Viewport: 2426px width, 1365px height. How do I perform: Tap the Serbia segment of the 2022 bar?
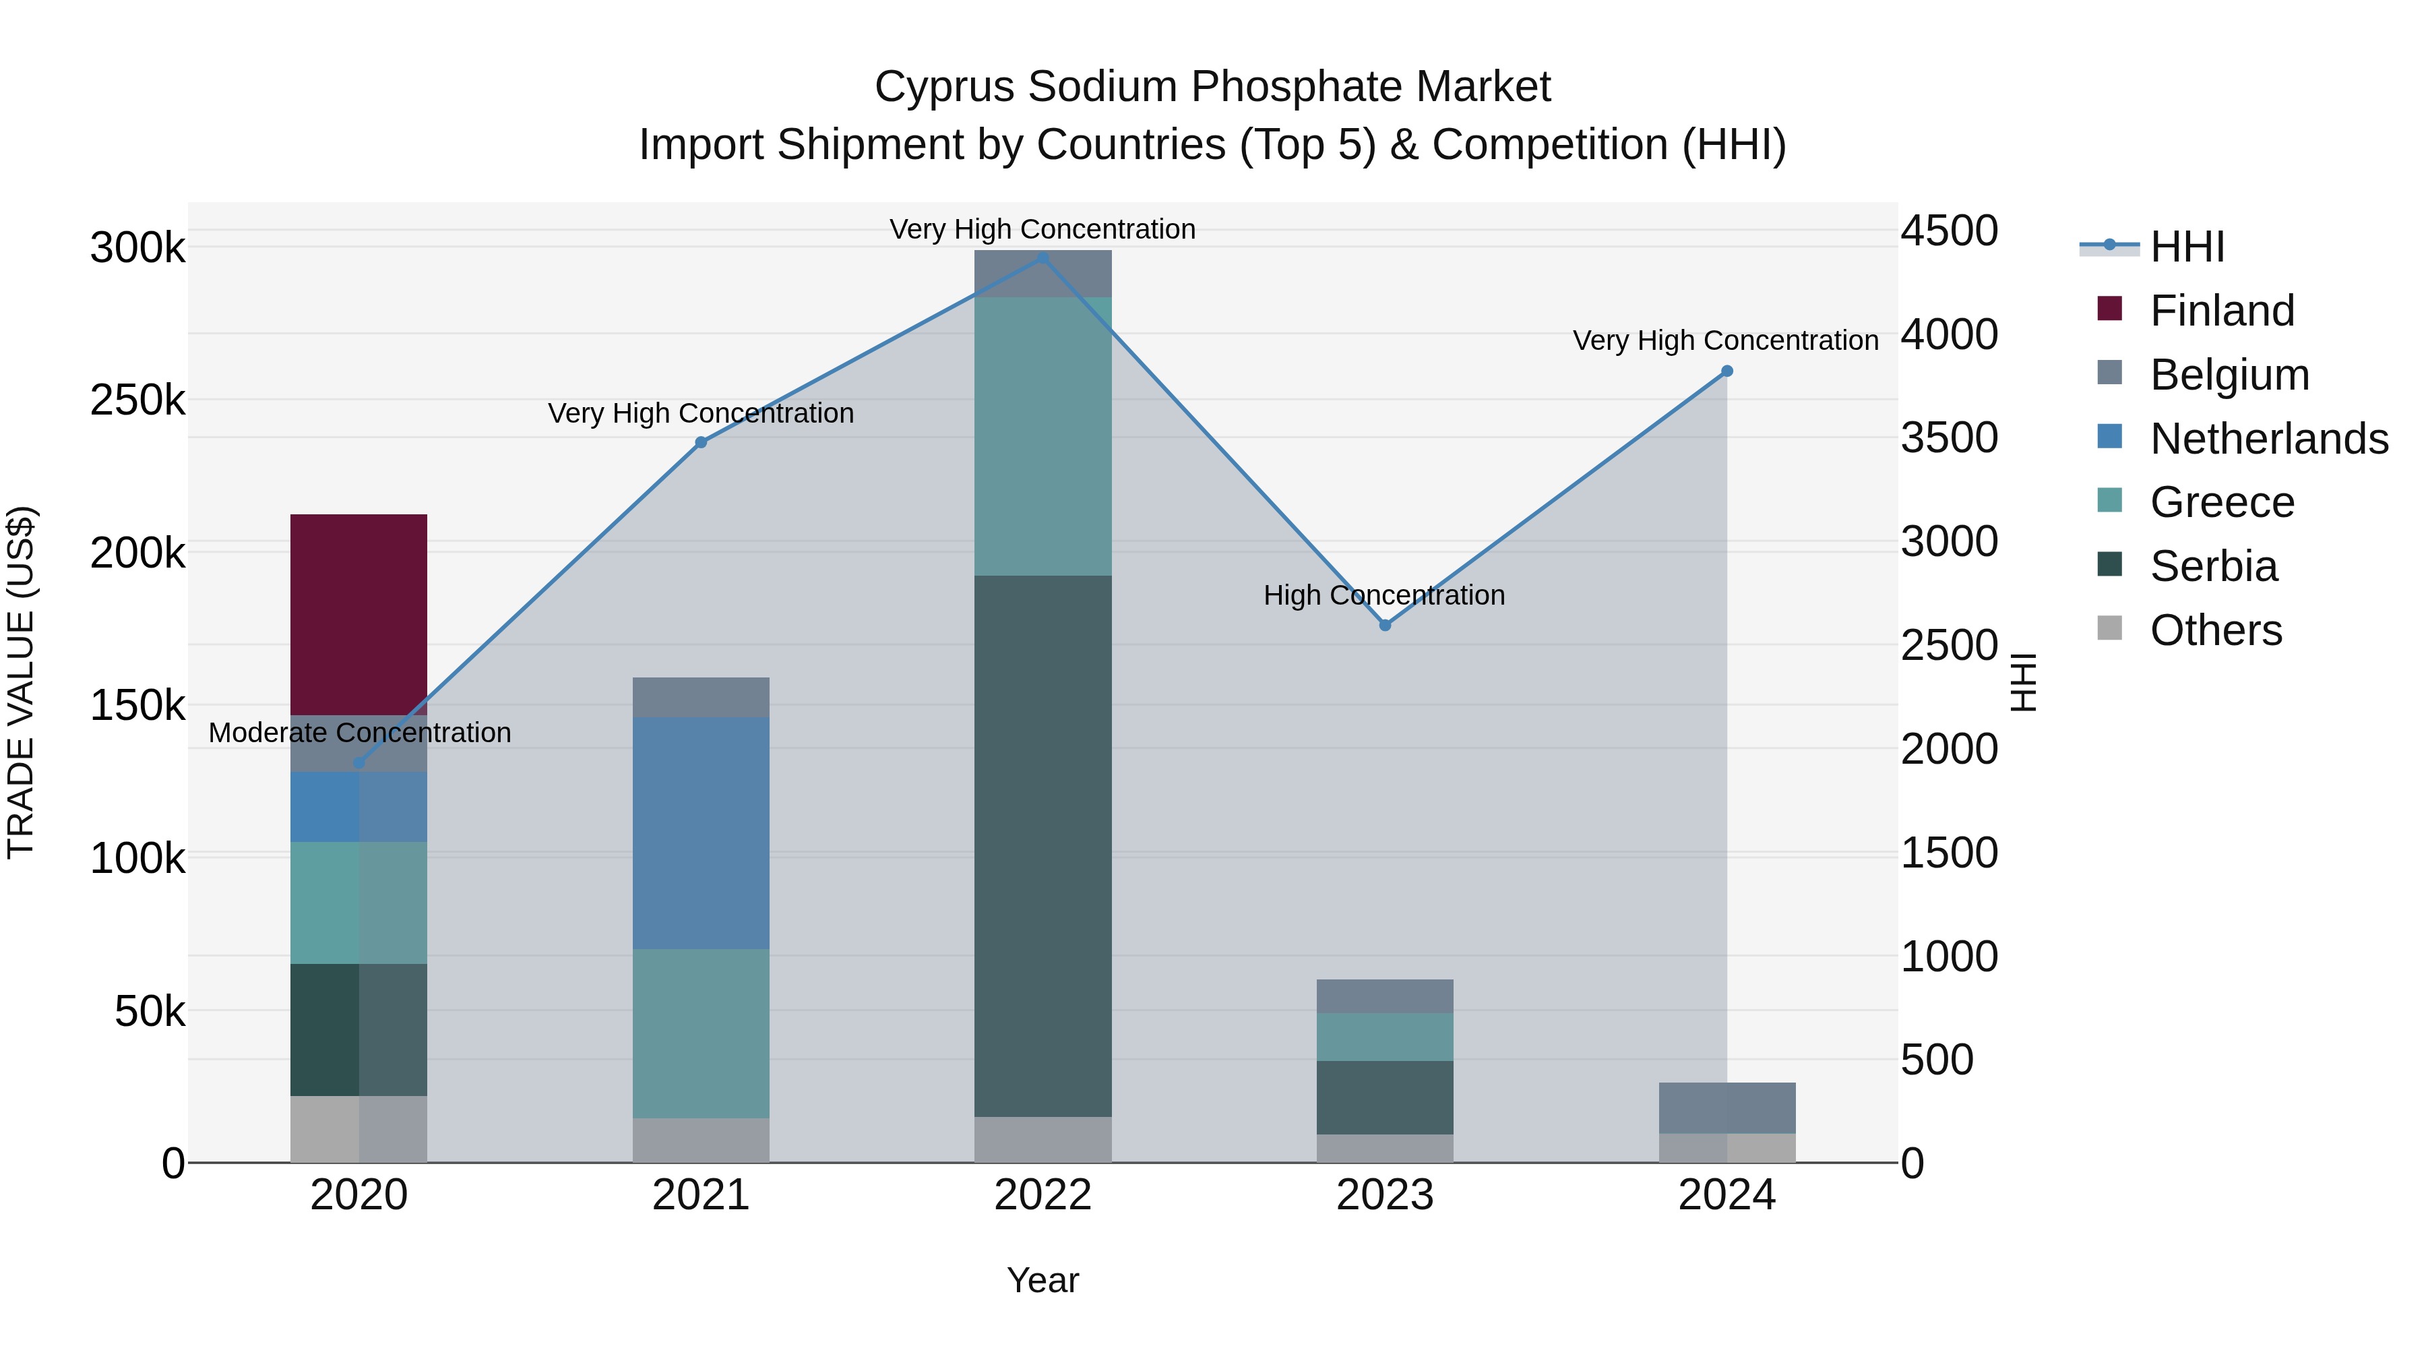point(1043,845)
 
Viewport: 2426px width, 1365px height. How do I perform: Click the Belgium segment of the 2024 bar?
point(1727,1107)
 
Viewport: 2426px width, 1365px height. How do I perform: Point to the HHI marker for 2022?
point(1043,257)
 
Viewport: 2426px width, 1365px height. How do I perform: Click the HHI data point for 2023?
point(1384,626)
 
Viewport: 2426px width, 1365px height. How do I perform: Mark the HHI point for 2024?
point(1727,371)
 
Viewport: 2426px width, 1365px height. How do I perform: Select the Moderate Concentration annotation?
point(360,733)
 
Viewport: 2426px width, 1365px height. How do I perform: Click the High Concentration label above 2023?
point(1383,595)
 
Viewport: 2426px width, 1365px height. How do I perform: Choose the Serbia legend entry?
point(2212,566)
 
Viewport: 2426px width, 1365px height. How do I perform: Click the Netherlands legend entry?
point(2268,439)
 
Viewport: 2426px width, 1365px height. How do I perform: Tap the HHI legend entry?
point(2187,247)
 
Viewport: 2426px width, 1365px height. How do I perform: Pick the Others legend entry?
point(2215,630)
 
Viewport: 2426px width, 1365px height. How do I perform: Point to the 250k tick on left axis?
point(137,400)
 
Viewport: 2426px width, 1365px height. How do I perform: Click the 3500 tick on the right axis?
point(1948,438)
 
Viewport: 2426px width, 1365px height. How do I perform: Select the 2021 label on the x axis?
point(701,1195)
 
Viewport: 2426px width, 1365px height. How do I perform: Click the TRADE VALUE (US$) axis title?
point(21,682)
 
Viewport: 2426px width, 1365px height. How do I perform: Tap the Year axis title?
point(1043,1280)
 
